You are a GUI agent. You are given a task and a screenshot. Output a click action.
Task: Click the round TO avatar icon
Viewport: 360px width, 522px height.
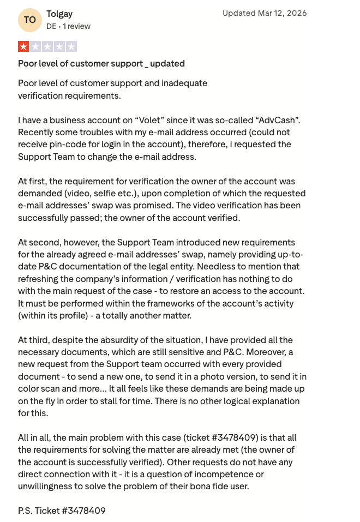coord(30,20)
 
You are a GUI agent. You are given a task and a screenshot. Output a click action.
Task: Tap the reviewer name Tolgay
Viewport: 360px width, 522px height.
coord(59,14)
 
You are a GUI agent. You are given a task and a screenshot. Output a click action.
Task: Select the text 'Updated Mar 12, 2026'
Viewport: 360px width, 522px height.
coord(265,13)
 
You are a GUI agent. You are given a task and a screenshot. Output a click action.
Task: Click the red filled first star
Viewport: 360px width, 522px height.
coord(24,46)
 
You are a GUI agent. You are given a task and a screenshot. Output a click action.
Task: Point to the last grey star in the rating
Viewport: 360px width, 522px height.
coord(71,46)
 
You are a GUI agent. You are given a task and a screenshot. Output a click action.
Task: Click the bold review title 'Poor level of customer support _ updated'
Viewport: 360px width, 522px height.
coord(101,63)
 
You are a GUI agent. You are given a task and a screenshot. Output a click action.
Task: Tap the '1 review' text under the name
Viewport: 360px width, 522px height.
coord(76,26)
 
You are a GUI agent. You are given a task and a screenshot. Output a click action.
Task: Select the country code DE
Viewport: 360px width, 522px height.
coord(51,26)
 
